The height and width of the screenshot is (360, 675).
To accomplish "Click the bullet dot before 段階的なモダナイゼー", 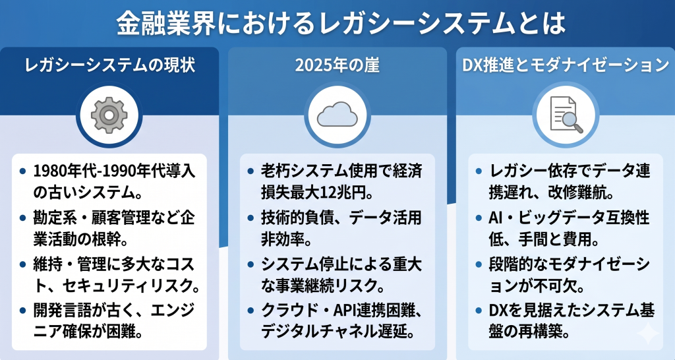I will pos(478,265).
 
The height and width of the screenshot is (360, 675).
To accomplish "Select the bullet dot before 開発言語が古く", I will pos(24,312).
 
